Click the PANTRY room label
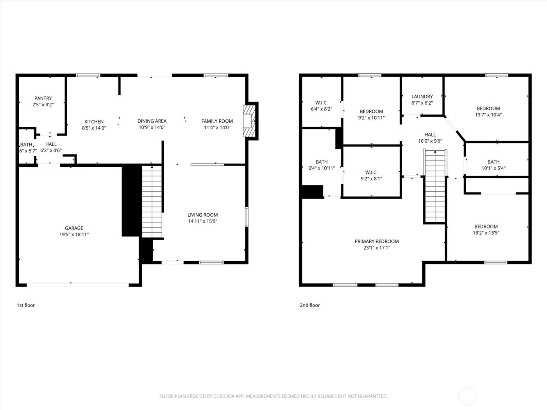[43, 98]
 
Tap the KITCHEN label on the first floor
[94, 121]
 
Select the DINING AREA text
[152, 121]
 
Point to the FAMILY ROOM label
[217, 121]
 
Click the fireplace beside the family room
[248, 121]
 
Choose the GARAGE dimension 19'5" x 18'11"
[74, 235]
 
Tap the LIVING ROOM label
[202, 215]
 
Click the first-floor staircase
[152, 201]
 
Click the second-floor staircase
[434, 186]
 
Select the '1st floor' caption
[26, 305]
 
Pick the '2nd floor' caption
[310, 305]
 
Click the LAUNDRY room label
[422, 96]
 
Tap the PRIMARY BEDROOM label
[377, 241]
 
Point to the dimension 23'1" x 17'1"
[377, 248]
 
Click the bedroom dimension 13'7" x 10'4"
[488, 115]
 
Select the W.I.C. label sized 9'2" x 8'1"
[371, 172]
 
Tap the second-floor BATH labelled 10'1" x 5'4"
[493, 162]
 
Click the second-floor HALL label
[430, 135]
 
